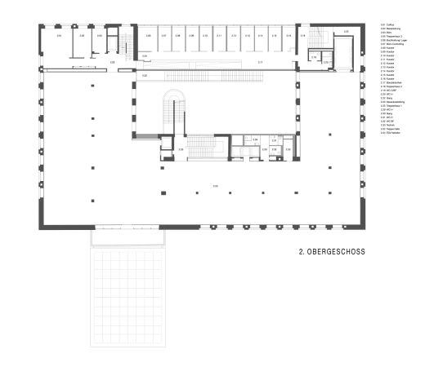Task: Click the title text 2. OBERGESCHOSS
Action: tap(332, 252)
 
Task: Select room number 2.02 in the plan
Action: tap(82, 37)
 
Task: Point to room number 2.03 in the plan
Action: tap(100, 37)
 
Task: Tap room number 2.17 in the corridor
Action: tap(260, 62)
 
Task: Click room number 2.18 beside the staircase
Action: tap(302, 36)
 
